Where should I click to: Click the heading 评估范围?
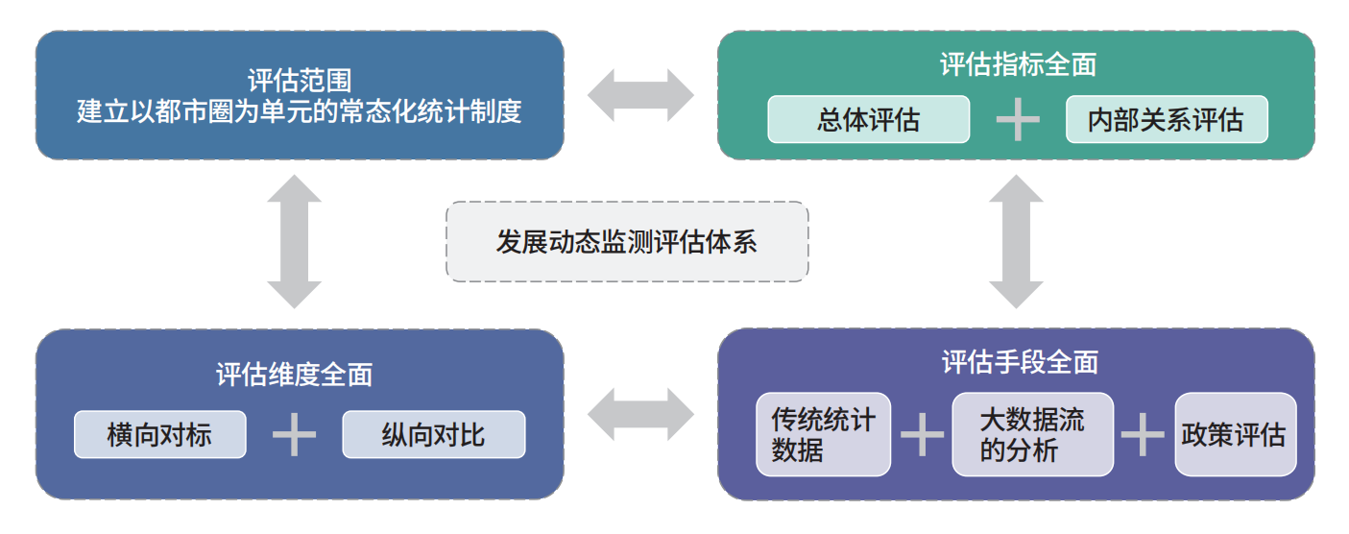pyautogui.click(x=300, y=80)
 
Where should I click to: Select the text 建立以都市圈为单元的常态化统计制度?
pyautogui.click(x=300, y=111)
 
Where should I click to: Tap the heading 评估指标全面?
pyautogui.click(x=1018, y=64)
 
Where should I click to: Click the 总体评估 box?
pyautogui.click(x=868, y=119)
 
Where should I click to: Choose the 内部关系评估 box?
pyautogui.click(x=1167, y=119)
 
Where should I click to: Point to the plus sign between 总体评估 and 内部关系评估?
pyautogui.click(x=1018, y=119)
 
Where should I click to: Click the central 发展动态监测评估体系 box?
pyautogui.click(x=627, y=242)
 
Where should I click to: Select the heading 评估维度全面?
pyautogui.click(x=294, y=375)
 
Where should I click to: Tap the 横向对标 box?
pyautogui.click(x=160, y=434)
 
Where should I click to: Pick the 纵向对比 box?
pyautogui.click(x=434, y=434)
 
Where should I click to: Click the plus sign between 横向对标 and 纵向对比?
pyautogui.click(x=294, y=434)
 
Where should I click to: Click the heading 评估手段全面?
pyautogui.click(x=1020, y=362)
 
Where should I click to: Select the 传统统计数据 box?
pyautogui.click(x=823, y=434)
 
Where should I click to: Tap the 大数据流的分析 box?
pyautogui.click(x=1033, y=434)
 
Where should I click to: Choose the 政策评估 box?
pyautogui.click(x=1235, y=434)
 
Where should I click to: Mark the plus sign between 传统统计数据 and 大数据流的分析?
pyautogui.click(x=922, y=434)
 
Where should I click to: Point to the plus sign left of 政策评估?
pyautogui.click(x=1143, y=434)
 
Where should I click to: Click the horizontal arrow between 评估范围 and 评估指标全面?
pyautogui.click(x=640, y=95)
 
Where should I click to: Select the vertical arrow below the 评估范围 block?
pyautogui.click(x=295, y=242)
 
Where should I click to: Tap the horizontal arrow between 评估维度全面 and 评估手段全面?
pyautogui.click(x=640, y=415)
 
